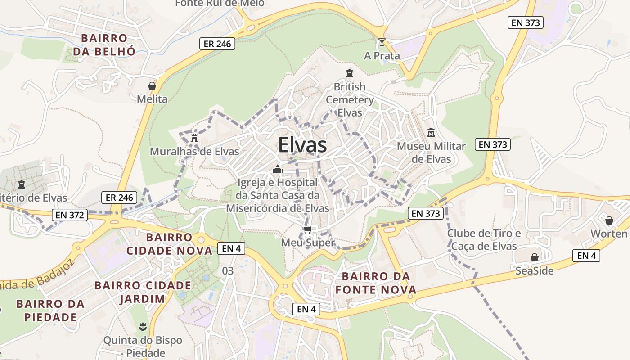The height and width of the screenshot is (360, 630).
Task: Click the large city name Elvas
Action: tap(302, 145)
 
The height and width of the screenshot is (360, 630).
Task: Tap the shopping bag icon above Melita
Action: tap(152, 86)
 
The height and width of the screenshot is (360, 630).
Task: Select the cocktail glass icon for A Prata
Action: tap(382, 42)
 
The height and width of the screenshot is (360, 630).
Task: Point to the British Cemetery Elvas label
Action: tap(350, 99)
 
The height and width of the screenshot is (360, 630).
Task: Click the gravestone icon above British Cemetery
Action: tap(350, 73)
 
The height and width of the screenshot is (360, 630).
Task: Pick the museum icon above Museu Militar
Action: tap(431, 133)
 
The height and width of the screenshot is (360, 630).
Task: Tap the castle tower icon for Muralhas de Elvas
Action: tap(194, 138)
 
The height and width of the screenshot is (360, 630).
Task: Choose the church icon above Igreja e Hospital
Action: tap(277, 170)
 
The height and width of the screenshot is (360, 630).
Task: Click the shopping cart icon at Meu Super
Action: tap(308, 230)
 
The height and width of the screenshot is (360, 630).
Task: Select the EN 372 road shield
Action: tap(69, 215)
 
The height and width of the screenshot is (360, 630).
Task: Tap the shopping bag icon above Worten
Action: tap(609, 220)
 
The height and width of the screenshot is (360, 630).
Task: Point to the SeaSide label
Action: tap(535, 270)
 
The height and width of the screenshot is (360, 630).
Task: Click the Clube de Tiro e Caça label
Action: tap(484, 240)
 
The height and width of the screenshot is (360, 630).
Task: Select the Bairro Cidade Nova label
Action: tap(169, 244)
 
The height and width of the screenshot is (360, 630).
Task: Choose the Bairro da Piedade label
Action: tap(50, 310)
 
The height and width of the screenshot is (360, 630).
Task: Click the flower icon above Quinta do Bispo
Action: tap(143, 325)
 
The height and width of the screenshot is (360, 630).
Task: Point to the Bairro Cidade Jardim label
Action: tap(143, 292)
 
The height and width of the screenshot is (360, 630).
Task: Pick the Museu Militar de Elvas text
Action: tap(431, 153)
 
